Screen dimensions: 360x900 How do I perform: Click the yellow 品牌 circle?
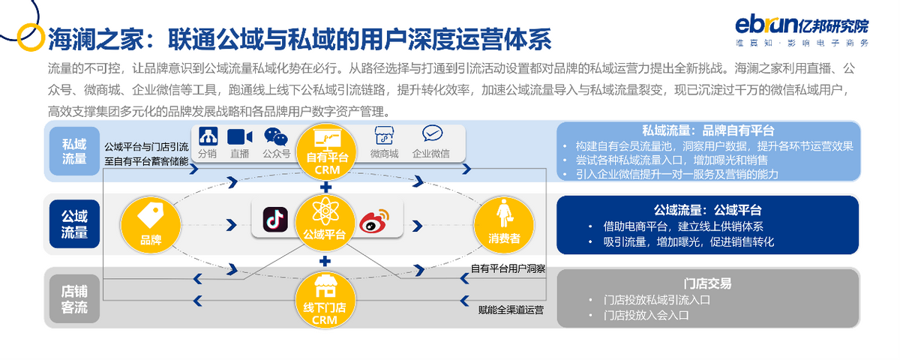pos(151,221)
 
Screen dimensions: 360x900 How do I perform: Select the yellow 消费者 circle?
pos(505,222)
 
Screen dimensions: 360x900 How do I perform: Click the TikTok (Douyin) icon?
pos(275,219)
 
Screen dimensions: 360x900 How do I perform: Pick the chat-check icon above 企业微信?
pos(431,134)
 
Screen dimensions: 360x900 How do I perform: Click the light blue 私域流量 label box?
pos(74,151)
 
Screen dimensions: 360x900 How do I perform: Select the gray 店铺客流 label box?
pos(74,298)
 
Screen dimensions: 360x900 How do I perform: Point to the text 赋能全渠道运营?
pos(511,309)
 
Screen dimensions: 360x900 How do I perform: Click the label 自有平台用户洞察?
pos(508,268)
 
